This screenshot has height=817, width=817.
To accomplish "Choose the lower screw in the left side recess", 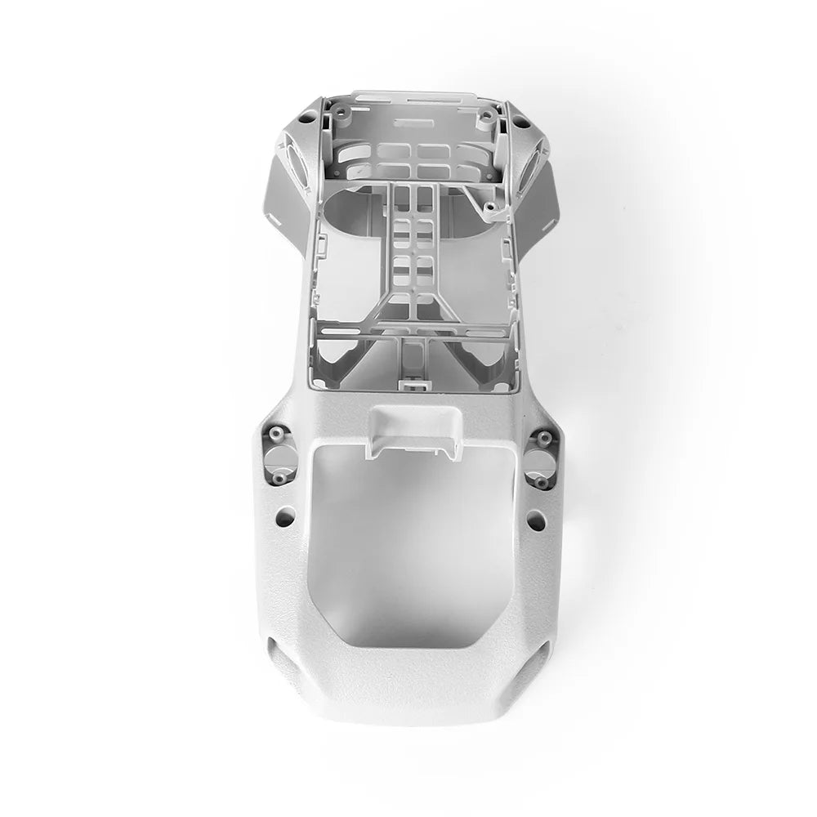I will [x=280, y=476].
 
